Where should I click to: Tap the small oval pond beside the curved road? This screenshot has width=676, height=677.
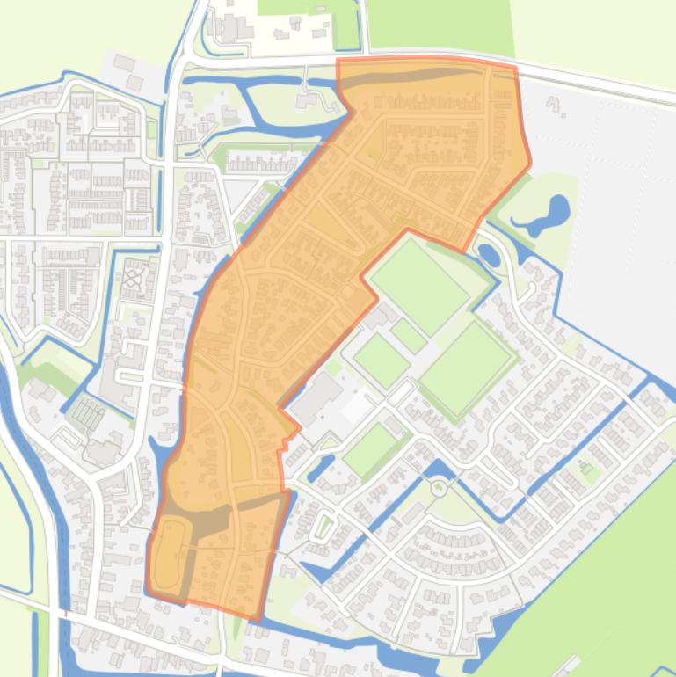(x=489, y=256)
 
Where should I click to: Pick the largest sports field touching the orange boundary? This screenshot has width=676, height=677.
(x=418, y=285)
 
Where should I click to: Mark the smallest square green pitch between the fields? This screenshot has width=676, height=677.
(x=409, y=335)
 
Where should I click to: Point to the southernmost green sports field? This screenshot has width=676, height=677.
(x=369, y=450)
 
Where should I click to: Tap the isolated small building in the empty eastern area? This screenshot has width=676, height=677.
(x=555, y=106)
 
